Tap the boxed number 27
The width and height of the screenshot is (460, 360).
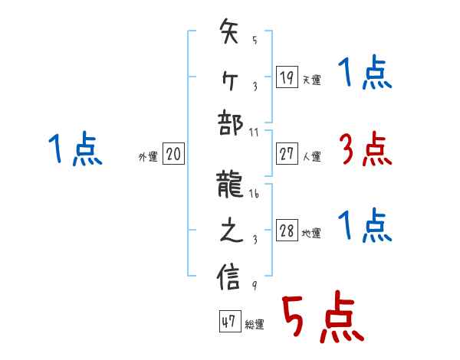pyautogui.click(x=287, y=154)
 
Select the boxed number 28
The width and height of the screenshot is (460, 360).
pyautogui.click(x=287, y=231)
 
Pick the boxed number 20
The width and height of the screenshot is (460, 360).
pyautogui.click(x=173, y=154)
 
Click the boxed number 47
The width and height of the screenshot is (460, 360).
pyautogui.click(x=228, y=322)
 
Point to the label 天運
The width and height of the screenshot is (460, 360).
pyautogui.click(x=311, y=80)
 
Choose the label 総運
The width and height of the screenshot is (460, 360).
pyautogui.click(x=254, y=325)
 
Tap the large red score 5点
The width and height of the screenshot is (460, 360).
pyautogui.click(x=320, y=319)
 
